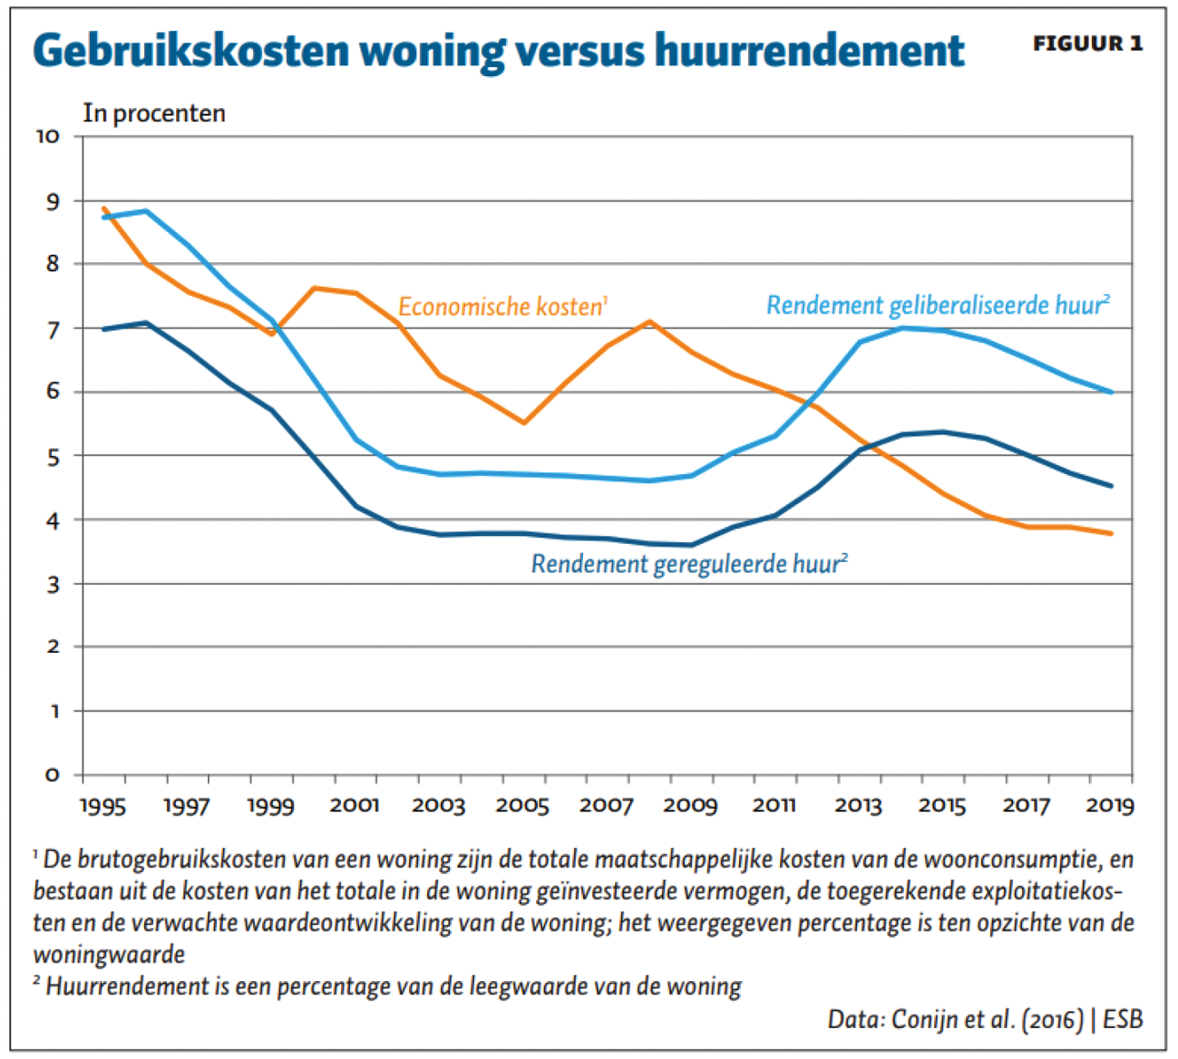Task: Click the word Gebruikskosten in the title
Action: coord(190,51)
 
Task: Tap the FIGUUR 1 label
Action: coord(1087,44)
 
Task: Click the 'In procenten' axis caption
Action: coord(154,113)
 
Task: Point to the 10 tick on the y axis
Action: coord(47,137)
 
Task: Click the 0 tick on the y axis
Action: coord(53,775)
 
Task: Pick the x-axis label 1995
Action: coord(102,806)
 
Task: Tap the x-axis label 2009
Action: coord(689,806)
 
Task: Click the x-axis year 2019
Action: coord(1109,806)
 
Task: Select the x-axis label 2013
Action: coord(858,806)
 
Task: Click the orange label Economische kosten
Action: coord(501,307)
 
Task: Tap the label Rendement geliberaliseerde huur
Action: coord(937,306)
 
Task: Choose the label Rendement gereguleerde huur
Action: coord(687,564)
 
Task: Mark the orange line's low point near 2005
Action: coord(523,423)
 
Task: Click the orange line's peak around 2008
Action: coord(649,321)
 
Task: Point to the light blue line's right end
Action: coord(1112,393)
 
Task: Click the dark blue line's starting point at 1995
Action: coord(103,329)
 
